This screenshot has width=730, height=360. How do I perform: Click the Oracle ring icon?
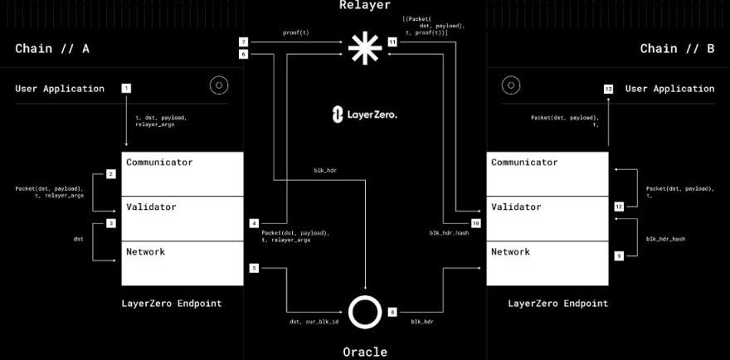(x=365, y=312)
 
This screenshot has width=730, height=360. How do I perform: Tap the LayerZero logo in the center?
(x=365, y=114)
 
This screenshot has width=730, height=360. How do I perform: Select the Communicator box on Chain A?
(x=182, y=173)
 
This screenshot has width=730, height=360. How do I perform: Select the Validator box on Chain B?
(x=547, y=218)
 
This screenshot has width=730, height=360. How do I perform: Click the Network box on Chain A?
(x=182, y=263)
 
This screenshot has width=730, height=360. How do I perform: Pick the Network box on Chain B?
(x=547, y=263)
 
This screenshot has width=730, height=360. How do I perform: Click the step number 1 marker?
(x=126, y=88)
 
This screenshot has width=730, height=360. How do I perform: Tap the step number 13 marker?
(x=608, y=88)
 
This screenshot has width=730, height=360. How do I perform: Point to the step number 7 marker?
(x=243, y=41)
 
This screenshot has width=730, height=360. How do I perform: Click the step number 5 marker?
(x=254, y=268)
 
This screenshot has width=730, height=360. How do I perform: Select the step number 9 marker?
(x=619, y=256)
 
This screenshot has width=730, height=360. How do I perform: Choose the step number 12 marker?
(x=619, y=206)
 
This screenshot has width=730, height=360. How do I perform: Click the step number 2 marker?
(x=110, y=174)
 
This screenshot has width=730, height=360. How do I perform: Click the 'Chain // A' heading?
(x=52, y=49)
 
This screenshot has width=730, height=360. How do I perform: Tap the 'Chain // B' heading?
(x=677, y=49)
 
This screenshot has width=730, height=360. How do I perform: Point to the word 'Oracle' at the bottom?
(x=365, y=352)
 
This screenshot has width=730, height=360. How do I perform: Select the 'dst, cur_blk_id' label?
(x=314, y=320)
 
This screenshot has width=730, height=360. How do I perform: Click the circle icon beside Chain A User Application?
(x=219, y=85)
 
